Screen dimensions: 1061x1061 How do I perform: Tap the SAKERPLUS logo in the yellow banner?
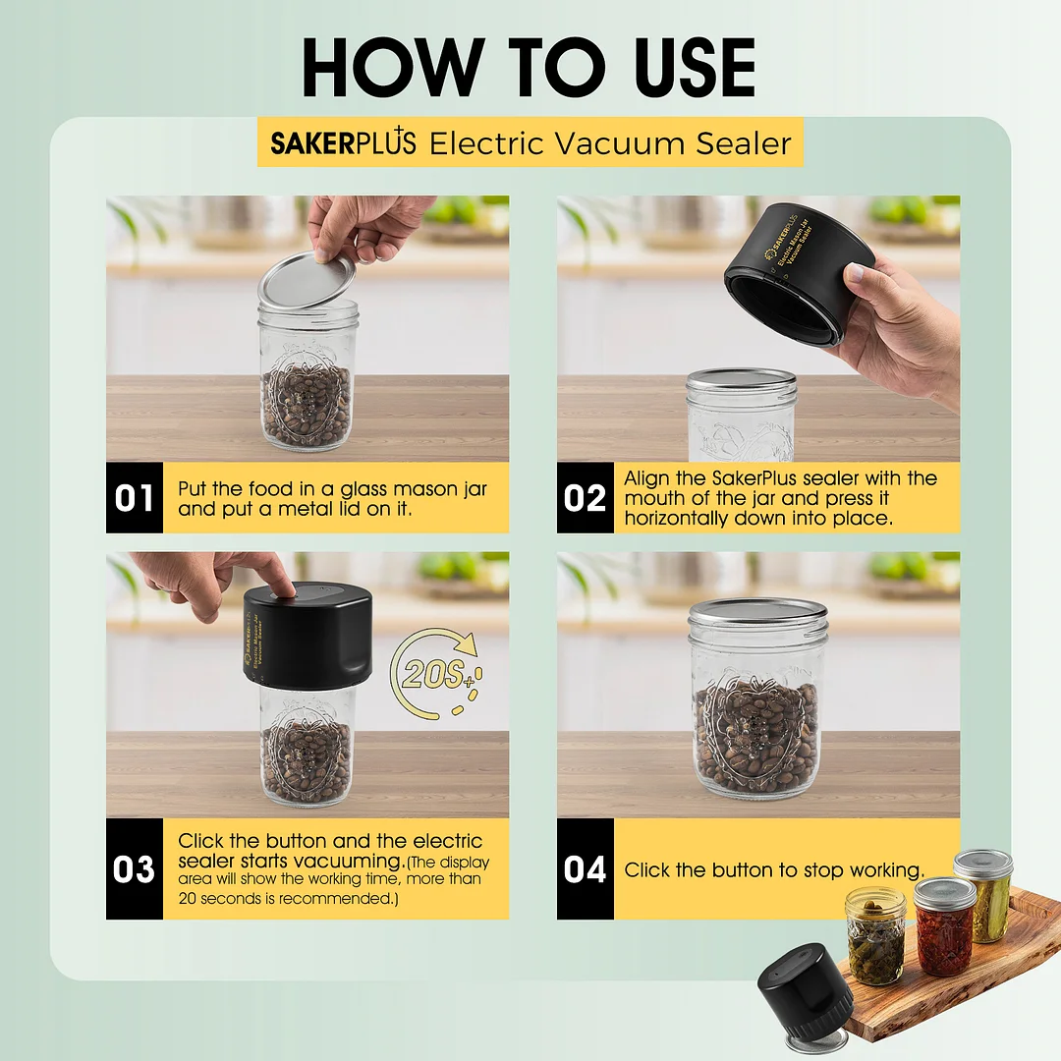[343, 142]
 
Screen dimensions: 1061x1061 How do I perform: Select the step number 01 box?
[135, 498]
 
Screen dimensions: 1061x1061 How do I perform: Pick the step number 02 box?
[586, 498]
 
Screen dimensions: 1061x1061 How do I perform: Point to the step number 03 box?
[135, 868]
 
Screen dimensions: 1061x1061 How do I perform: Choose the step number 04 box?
[586, 868]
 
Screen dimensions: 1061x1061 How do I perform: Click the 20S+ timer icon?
[436, 673]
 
